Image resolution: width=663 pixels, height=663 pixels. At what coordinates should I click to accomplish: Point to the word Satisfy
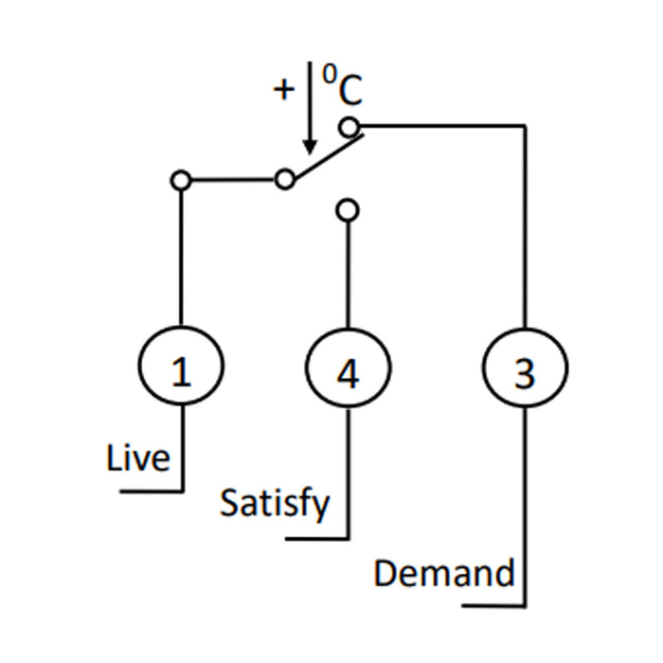click(276, 502)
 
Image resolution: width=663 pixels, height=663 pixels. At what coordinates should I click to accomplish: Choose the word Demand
click(444, 573)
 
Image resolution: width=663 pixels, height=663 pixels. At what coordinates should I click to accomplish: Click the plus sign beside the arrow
click(284, 91)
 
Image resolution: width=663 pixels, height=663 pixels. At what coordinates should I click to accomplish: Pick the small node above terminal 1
click(182, 179)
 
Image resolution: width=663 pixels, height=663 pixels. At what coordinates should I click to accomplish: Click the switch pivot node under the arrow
click(284, 179)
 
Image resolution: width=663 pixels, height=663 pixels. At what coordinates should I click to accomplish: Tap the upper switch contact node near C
click(349, 125)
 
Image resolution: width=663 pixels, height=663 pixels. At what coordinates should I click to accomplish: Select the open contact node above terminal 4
click(349, 209)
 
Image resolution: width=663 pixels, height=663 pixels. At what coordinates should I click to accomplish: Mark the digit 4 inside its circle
click(349, 375)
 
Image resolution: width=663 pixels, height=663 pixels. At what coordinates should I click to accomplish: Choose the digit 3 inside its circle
click(524, 375)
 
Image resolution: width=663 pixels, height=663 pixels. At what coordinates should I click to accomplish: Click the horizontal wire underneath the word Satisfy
click(317, 540)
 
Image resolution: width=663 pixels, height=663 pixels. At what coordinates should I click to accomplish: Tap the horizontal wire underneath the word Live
click(152, 492)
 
